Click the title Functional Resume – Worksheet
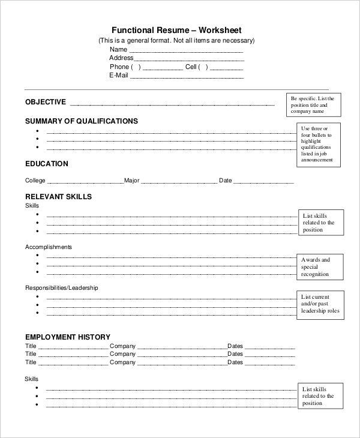[x=176, y=30]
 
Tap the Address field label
[x=121, y=58]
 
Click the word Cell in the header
[x=191, y=67]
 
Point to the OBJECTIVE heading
[x=46, y=103]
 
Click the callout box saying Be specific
[x=314, y=104]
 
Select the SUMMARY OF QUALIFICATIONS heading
[x=82, y=121]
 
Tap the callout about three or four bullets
[x=319, y=145]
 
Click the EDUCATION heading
[x=47, y=164]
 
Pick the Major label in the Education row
[x=132, y=181]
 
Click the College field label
[x=35, y=181]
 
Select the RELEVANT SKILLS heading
[x=58, y=196]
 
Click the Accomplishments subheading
[x=49, y=247]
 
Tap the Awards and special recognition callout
[x=322, y=267]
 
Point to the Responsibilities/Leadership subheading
[x=61, y=288]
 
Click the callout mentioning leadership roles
[x=322, y=304]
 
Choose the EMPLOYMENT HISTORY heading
[x=68, y=337]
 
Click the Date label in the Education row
[x=225, y=181]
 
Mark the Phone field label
[x=119, y=67]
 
